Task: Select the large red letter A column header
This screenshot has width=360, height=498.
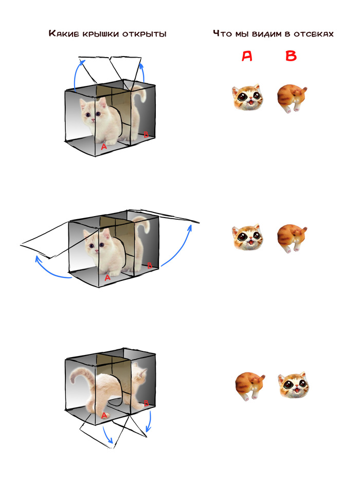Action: pyautogui.click(x=247, y=56)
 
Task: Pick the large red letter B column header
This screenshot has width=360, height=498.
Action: pyautogui.click(x=291, y=56)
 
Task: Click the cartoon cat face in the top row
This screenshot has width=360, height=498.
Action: pyautogui.click(x=247, y=97)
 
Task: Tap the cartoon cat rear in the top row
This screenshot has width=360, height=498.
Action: pyautogui.click(x=292, y=98)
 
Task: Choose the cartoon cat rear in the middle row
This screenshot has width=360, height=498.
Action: pyautogui.click(x=292, y=238)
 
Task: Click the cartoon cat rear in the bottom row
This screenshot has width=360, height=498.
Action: pyautogui.click(x=250, y=385)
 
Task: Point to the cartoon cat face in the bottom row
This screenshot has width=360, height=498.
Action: pyautogui.click(x=294, y=385)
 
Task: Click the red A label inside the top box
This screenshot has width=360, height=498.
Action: pyautogui.click(x=104, y=147)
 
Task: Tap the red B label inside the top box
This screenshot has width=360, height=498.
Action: pyautogui.click(x=146, y=134)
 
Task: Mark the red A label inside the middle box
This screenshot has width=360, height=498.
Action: pyautogui.click(x=107, y=278)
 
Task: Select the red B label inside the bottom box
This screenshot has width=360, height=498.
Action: pyautogui.click(x=146, y=403)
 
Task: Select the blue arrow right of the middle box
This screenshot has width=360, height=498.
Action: pyautogui.click(x=179, y=248)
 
